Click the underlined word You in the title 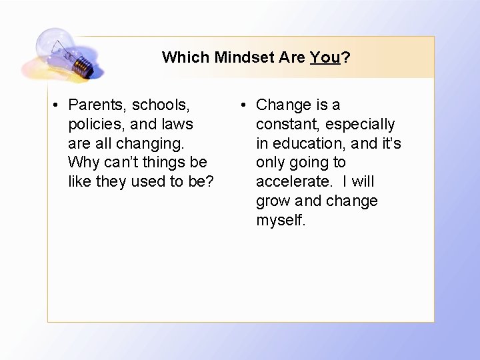pyautogui.click(x=325, y=57)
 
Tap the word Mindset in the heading pyautogui.click(x=244, y=57)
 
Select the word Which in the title pyautogui.click(x=186, y=57)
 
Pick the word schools pyautogui.click(x=161, y=105)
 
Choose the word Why pyautogui.click(x=83, y=162)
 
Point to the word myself pyautogui.click(x=281, y=221)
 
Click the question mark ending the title pyautogui.click(x=346, y=57)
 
